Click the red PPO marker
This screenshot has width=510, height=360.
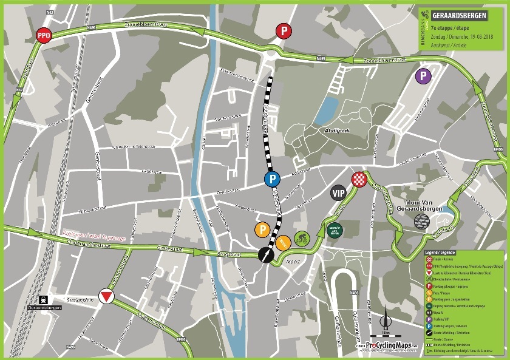click(x=43, y=35)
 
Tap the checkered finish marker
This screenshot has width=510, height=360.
click(x=358, y=179)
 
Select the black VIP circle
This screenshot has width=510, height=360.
click(x=339, y=194)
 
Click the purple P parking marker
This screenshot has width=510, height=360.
click(x=423, y=76)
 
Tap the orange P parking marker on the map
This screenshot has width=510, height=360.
click(x=262, y=230)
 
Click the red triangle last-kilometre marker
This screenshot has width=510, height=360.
click(x=107, y=296)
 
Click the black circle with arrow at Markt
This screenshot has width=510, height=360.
click(x=265, y=256)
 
